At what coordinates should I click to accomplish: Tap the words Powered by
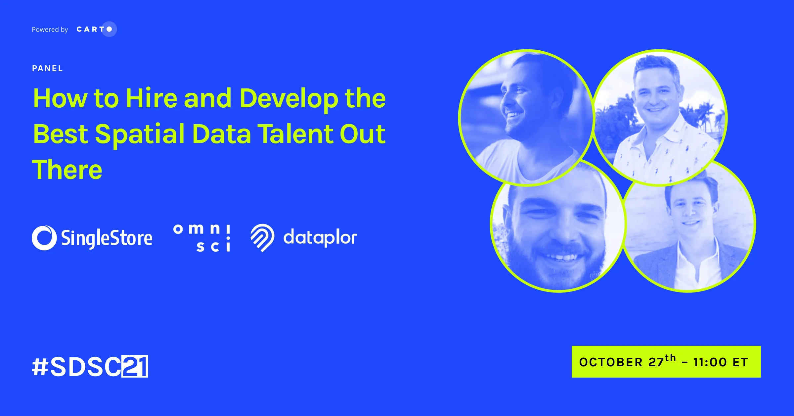[x=50, y=29]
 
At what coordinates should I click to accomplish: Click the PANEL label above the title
[x=48, y=69]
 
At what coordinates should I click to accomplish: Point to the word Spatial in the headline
[x=140, y=134]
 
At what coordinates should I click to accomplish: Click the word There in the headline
[x=67, y=170]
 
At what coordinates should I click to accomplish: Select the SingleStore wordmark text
[x=107, y=238]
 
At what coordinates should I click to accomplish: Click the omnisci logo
[x=202, y=238]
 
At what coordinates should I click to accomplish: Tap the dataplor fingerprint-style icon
[x=262, y=238]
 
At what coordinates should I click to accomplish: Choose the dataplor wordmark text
[x=320, y=237]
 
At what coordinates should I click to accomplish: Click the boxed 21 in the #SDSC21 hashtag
[x=135, y=366]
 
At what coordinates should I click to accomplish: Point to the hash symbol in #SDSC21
[x=40, y=367]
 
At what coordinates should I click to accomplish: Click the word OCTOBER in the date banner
[x=611, y=362]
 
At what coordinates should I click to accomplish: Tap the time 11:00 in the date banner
[x=710, y=362]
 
